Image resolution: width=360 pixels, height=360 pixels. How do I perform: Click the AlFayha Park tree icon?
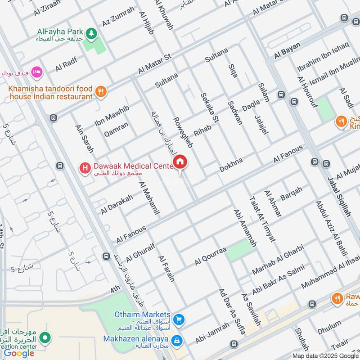[92, 32]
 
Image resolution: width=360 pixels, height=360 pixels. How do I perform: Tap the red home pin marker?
[180, 162]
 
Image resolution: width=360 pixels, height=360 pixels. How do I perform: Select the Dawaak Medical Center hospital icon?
[84, 168]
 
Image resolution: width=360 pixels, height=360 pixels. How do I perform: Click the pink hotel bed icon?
[36, 72]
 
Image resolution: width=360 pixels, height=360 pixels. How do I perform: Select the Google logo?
[19, 353]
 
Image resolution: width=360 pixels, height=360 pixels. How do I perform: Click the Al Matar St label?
[155, 64]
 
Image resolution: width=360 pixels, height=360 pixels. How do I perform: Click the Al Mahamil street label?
[150, 198]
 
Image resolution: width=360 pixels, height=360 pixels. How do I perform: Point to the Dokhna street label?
[231, 165]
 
